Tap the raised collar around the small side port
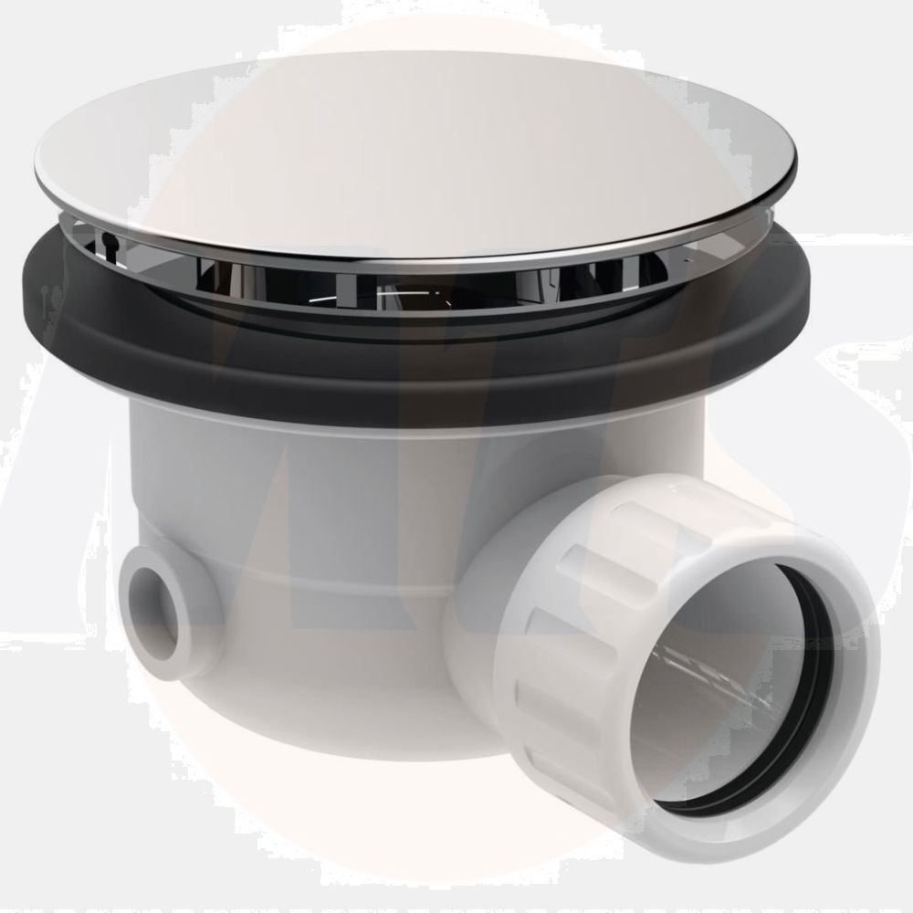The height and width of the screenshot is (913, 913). tap(187, 584)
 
